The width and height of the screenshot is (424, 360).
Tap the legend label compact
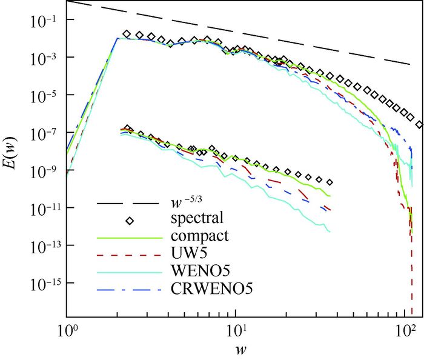pos(197,234)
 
